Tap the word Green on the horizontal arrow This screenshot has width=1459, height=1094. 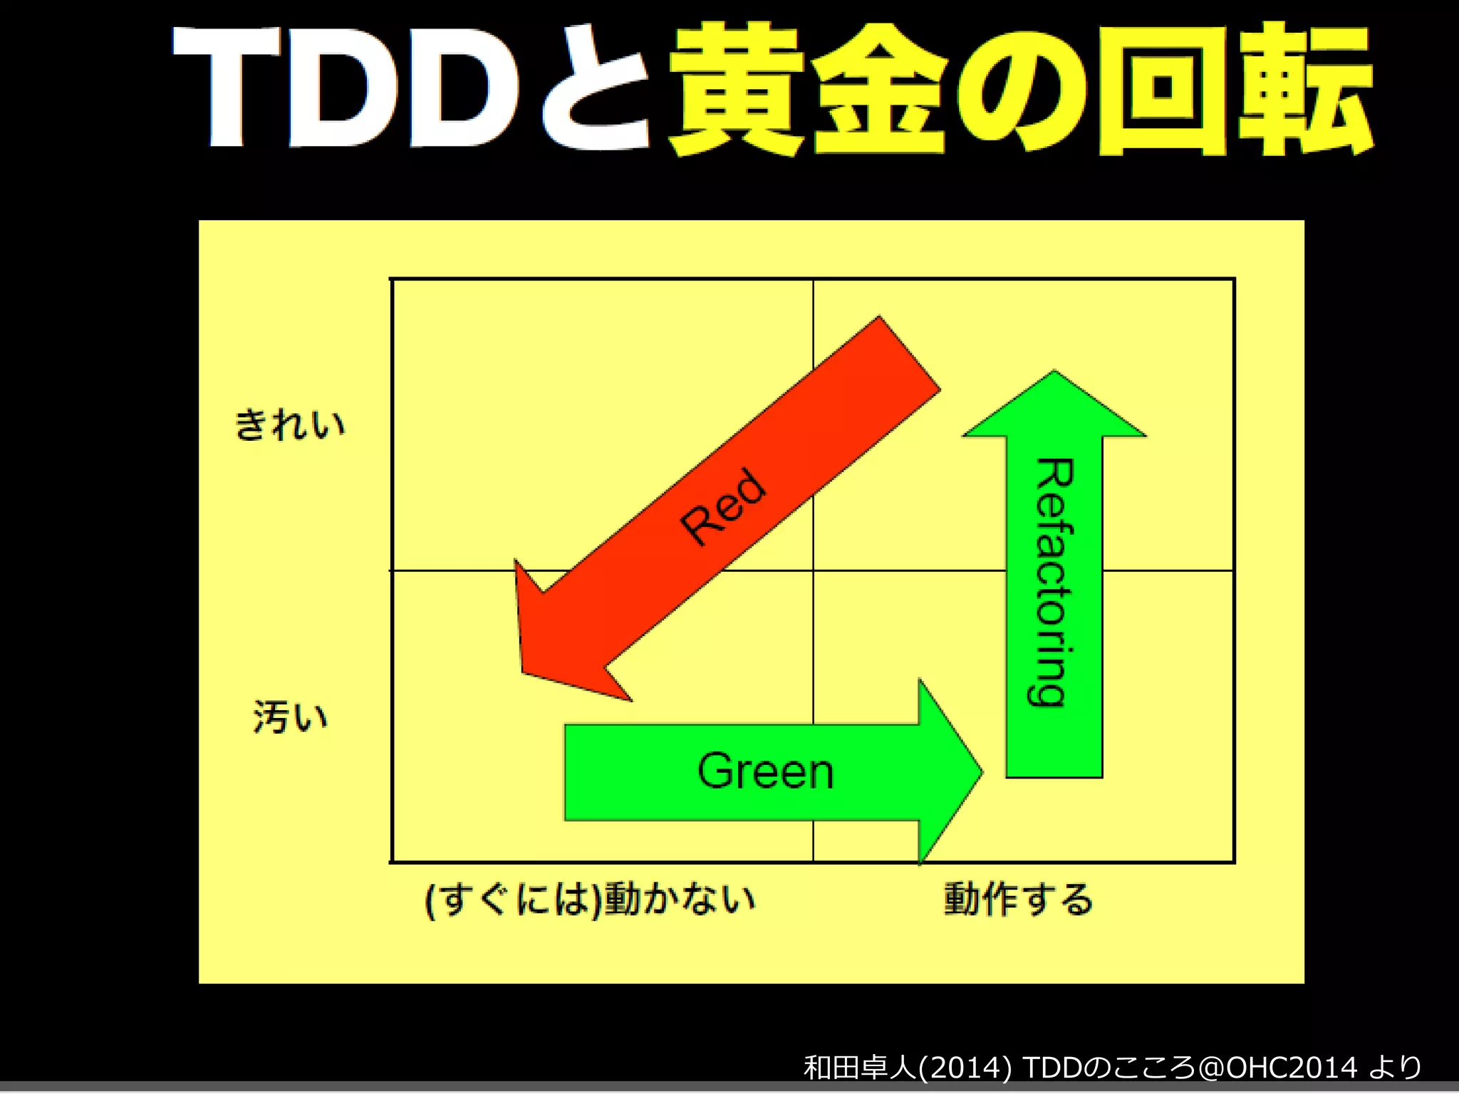[x=766, y=771]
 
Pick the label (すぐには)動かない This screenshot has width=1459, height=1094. [x=590, y=900]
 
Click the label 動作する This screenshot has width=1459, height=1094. [x=1018, y=900]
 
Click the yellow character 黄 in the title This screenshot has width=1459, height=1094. [x=737, y=89]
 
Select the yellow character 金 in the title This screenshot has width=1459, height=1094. [x=880, y=89]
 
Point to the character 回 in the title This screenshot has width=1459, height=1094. [x=1161, y=89]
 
